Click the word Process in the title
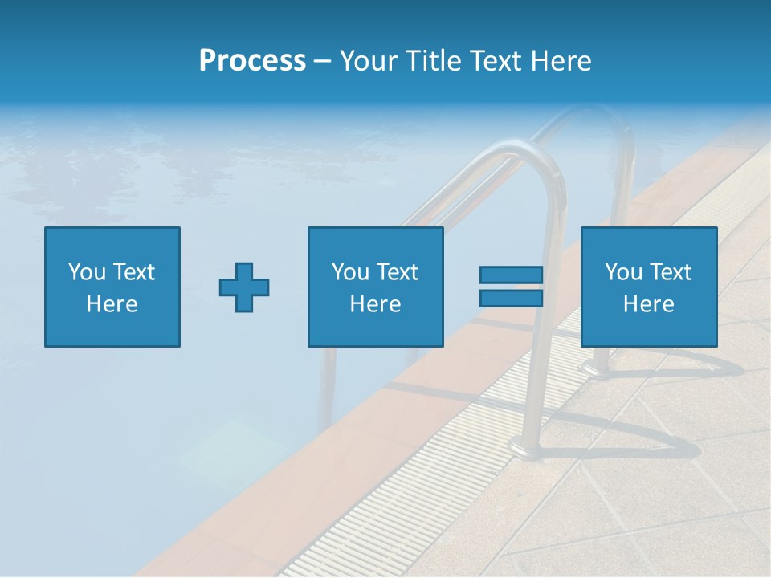252,61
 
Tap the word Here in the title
561,61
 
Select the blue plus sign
244,287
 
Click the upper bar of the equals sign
511,275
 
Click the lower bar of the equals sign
511,298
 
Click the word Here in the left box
112,304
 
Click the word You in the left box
87,272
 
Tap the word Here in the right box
649,304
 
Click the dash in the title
322,61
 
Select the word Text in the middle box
397,272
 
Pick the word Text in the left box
133,272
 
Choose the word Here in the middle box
376,304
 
